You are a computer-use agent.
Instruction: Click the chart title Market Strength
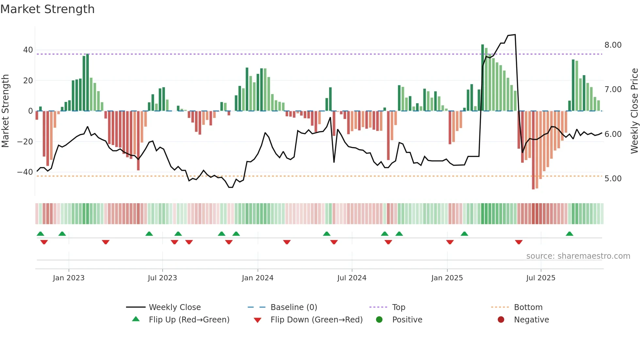47,9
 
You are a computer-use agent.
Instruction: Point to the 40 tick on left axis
28,50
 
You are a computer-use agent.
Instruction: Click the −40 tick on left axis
25,172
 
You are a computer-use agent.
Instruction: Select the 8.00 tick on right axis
613,45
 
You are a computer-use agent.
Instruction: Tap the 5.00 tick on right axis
613,179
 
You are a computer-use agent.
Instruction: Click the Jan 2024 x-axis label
257,278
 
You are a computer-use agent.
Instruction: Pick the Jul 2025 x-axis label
540,278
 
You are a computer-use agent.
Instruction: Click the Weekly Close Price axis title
634,111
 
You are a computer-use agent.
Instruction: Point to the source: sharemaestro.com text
578,256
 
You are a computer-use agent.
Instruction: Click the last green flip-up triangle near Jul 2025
569,234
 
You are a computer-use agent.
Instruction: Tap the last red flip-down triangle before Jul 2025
519,242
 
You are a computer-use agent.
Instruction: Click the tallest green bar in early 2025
483,78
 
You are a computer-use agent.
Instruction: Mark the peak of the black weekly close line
515,35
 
